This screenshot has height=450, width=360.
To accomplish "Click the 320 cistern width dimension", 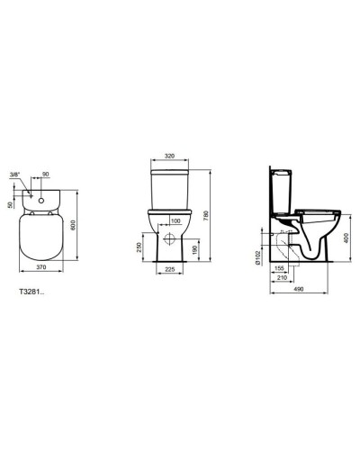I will (170, 153).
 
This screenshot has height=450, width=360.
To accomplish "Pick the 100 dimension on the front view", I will (175, 220).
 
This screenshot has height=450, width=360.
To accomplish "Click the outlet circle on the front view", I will (171, 242).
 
